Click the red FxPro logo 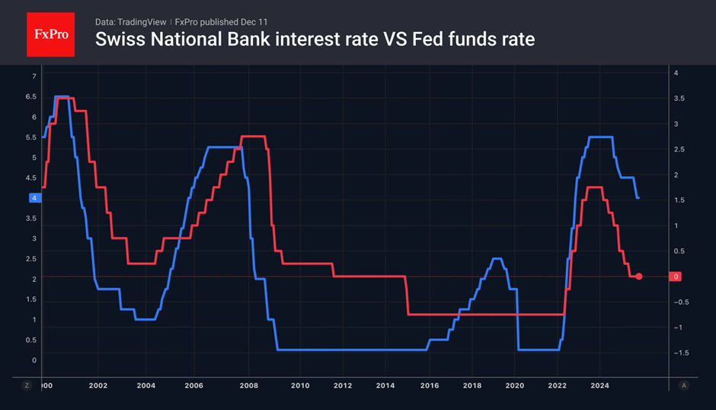pos(50,34)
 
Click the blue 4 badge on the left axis pos(34,198)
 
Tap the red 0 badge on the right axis pos(677,276)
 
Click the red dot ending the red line pos(639,276)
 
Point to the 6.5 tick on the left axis pos(31,97)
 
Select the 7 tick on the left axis pos(34,76)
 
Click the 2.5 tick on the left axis pos(31,259)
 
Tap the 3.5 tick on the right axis pos(677,98)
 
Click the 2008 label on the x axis pos(250,386)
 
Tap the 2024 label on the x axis pos(599,386)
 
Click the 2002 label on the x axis pos(97,386)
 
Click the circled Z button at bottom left pos(27,386)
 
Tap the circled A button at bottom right pos(684,386)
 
